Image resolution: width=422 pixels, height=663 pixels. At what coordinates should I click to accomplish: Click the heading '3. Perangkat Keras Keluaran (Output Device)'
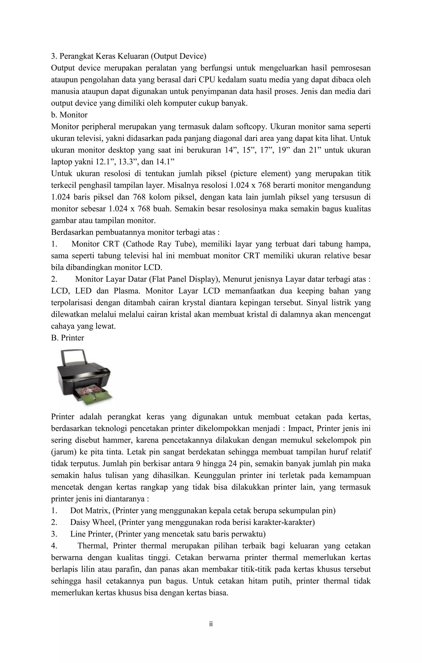pos(128,56)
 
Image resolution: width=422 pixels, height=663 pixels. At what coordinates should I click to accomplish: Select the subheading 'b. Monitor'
pos(69,115)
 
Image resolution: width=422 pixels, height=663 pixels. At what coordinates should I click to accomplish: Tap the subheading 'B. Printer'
pos(68,338)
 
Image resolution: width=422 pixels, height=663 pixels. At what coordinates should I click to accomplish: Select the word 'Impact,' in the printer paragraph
pos(301,429)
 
